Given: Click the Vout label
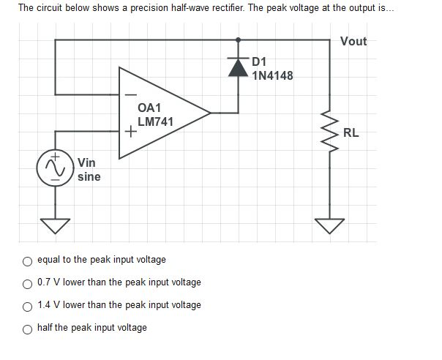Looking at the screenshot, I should point(353,41).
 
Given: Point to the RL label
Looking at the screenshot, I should point(351,133).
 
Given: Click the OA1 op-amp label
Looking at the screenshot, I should point(149,108).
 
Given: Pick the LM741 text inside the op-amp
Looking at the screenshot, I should point(155,121).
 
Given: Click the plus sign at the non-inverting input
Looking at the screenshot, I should point(130,132).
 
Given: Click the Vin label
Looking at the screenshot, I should point(86,162).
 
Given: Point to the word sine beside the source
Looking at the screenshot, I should point(89,176).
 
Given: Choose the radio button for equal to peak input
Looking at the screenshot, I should point(27,260).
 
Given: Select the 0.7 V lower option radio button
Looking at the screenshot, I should point(27,282).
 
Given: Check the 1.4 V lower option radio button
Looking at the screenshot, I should point(27,305).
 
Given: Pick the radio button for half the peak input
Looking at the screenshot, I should point(27,328).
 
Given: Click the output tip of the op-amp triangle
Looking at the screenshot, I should point(210,113).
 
